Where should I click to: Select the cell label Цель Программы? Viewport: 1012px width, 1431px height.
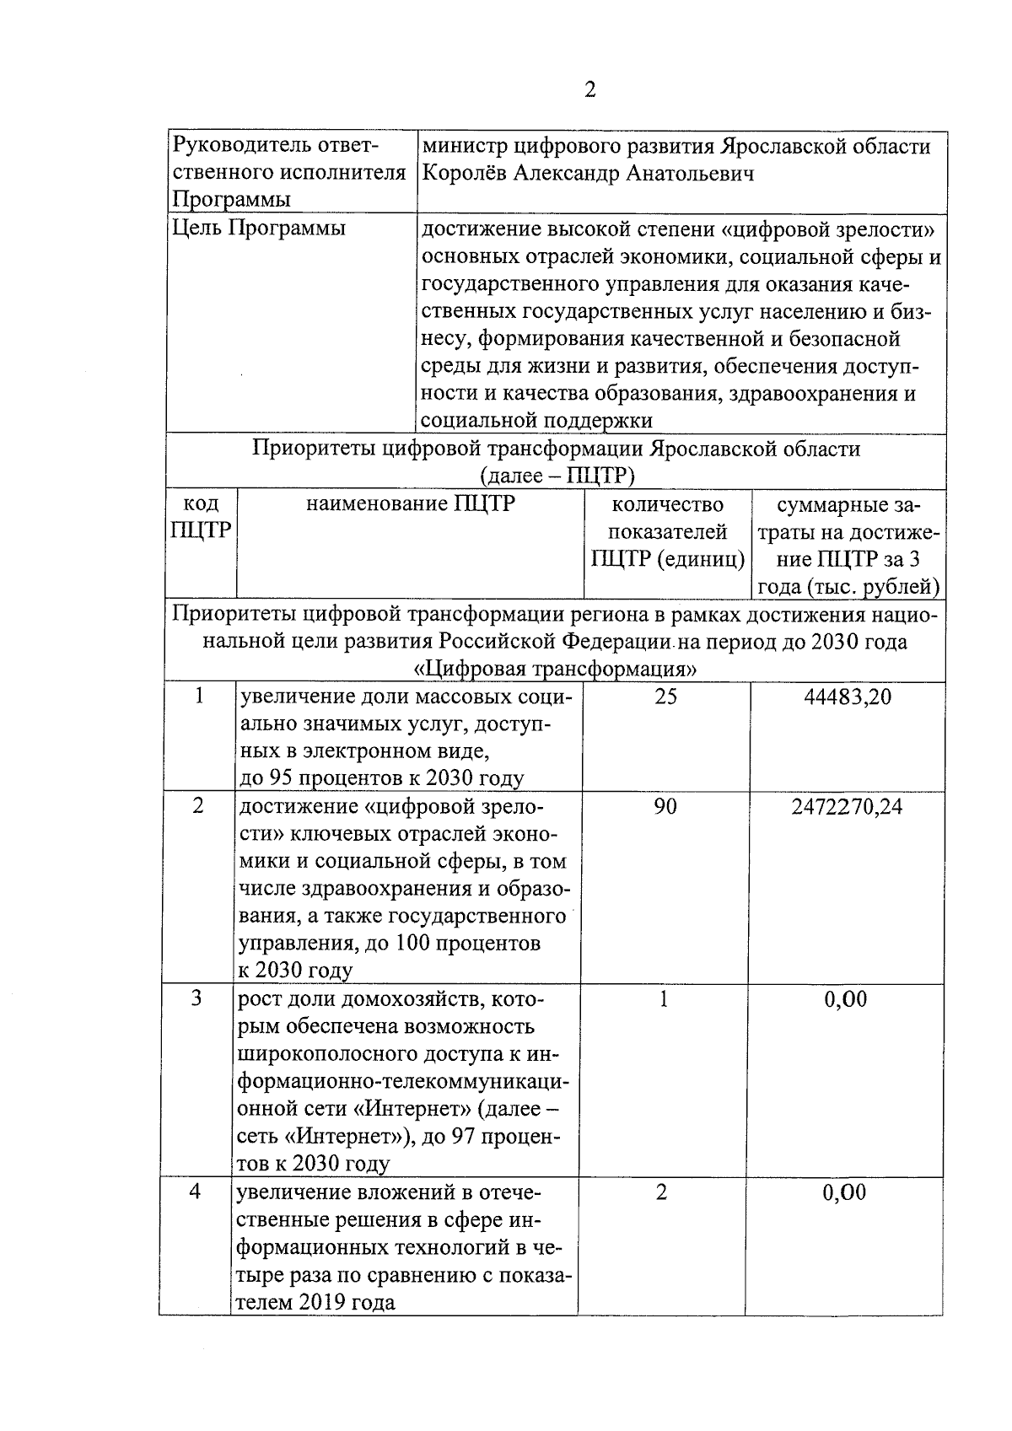click(x=258, y=229)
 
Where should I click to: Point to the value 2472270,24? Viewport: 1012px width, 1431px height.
click(x=847, y=807)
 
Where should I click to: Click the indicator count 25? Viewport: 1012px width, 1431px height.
click(x=665, y=697)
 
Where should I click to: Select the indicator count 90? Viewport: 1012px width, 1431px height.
click(x=665, y=807)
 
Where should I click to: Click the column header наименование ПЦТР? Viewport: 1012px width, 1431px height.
click(x=410, y=505)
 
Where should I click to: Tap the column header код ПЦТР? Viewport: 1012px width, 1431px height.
click(x=201, y=517)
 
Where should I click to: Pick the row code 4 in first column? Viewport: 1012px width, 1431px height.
click(x=195, y=1192)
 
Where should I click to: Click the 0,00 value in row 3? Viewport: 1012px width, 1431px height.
click(x=845, y=1000)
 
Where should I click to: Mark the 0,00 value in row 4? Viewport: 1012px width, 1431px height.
click(x=844, y=1193)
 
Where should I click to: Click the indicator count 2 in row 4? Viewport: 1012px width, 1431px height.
click(x=661, y=1192)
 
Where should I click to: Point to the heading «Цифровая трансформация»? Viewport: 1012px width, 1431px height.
click(x=557, y=670)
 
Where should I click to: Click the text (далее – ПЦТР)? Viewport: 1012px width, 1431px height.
click(x=557, y=476)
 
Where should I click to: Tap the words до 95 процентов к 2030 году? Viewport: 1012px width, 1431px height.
click(x=382, y=778)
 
